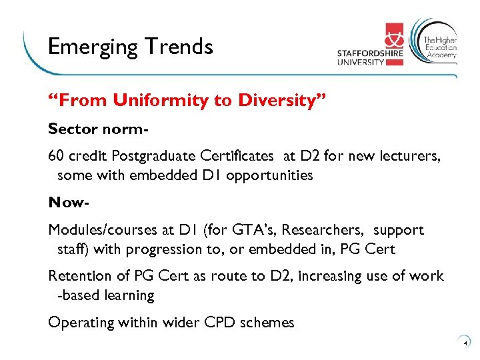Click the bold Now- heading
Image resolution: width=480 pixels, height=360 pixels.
click(x=69, y=202)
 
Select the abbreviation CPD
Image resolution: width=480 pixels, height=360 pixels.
click(x=215, y=323)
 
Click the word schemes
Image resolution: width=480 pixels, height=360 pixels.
click(x=267, y=323)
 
